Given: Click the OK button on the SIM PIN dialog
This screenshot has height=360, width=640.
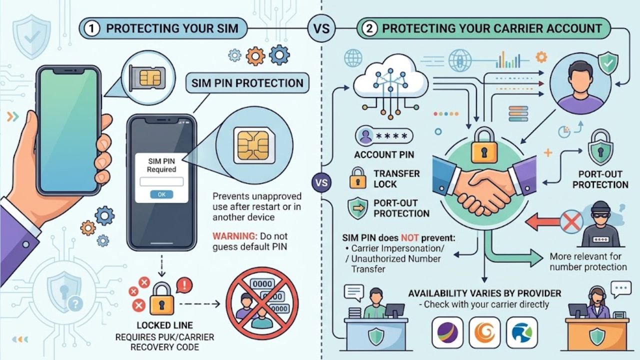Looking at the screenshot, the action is click(x=161, y=194).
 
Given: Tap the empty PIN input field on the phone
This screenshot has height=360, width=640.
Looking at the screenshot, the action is click(x=161, y=181).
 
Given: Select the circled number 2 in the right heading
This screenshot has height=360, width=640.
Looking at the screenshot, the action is click(x=369, y=28).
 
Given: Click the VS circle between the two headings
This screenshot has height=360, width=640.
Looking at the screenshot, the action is click(x=321, y=28).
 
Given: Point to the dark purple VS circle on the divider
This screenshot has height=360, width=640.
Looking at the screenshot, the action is click(x=321, y=182).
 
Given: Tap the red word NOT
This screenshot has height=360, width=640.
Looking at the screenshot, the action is click(x=409, y=237).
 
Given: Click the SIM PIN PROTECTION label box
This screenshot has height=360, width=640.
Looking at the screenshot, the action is click(x=247, y=83).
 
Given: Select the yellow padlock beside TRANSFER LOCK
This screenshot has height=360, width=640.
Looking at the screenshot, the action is click(x=357, y=178).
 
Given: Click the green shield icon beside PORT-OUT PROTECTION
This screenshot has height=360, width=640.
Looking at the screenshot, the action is click(x=357, y=208).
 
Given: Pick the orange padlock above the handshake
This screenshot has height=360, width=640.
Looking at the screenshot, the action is click(x=484, y=145).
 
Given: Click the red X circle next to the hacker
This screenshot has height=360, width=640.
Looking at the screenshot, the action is click(x=571, y=221).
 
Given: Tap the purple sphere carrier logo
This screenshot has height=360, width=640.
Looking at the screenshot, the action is click(x=447, y=332).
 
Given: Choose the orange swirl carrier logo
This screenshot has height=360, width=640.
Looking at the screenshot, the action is click(x=484, y=332).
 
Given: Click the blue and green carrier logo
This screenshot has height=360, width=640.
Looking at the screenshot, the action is click(x=521, y=332).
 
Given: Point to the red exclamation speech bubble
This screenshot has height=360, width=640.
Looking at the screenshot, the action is click(x=184, y=285).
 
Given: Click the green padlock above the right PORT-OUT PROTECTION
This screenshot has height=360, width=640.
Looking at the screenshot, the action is click(x=600, y=147).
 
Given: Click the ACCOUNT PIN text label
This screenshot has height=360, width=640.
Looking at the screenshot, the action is click(x=384, y=154).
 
